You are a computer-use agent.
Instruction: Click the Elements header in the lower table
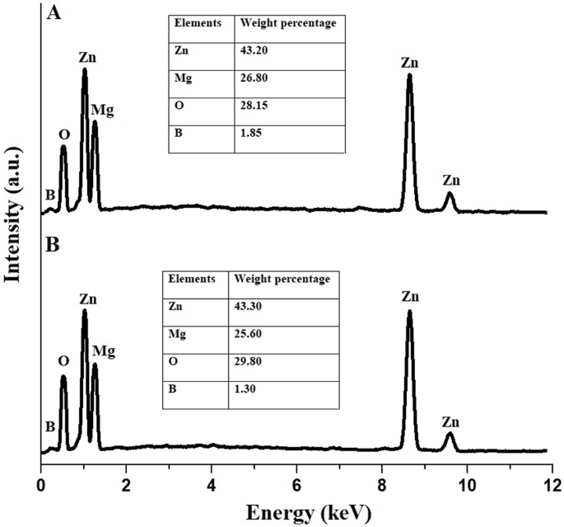(192, 279)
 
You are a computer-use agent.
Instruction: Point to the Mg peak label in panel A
(103, 110)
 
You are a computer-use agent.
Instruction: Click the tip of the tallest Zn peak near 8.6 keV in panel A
(409, 75)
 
